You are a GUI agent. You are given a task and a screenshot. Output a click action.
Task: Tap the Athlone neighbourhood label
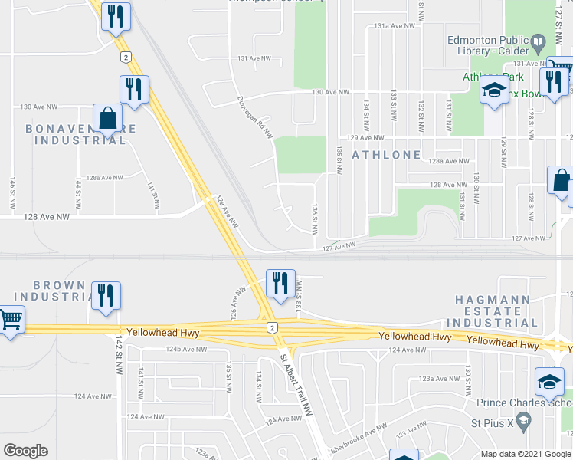coord(386,155)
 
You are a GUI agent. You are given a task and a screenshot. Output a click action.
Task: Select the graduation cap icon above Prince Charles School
coord(549,382)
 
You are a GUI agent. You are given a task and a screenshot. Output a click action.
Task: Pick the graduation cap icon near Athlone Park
coord(494,90)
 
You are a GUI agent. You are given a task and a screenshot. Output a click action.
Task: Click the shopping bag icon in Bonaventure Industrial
coord(108,119)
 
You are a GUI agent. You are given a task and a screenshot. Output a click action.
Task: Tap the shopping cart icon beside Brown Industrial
coord(10,318)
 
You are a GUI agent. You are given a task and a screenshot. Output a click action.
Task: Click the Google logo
coord(25,451)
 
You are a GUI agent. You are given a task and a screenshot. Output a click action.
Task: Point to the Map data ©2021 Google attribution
coord(525,454)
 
